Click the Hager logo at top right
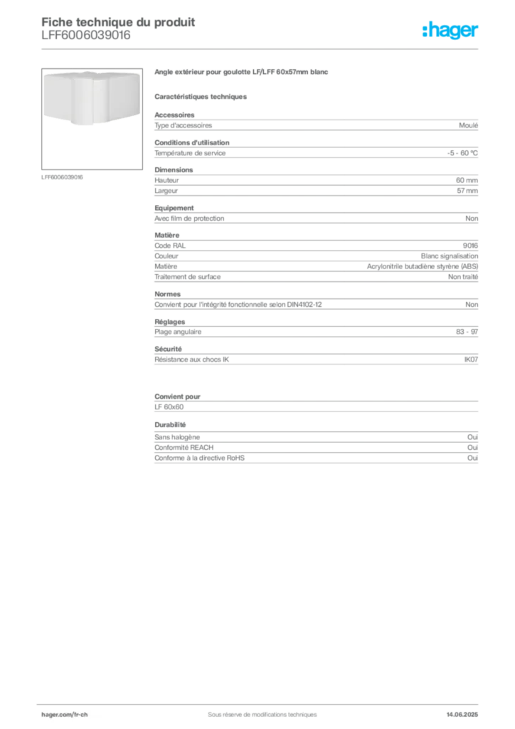click(x=450, y=30)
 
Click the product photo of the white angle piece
click(x=92, y=98)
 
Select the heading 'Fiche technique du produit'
click(x=118, y=22)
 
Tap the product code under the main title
click(x=86, y=36)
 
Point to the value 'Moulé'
click(x=468, y=125)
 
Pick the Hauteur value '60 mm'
click(x=467, y=180)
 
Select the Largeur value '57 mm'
click(x=467, y=191)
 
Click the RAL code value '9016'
click(x=470, y=246)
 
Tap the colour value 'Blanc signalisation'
click(x=449, y=256)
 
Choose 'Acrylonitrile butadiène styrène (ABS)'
click(x=422, y=266)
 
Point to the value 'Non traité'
click(x=463, y=277)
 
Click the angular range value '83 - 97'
click(x=467, y=332)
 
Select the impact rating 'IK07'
click(x=471, y=360)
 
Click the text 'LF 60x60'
click(x=169, y=407)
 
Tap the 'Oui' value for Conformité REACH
click(x=473, y=447)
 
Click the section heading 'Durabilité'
click(x=170, y=425)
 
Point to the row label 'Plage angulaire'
click(x=178, y=332)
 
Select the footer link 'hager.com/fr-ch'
click(x=65, y=715)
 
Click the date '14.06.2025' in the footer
click(x=462, y=715)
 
